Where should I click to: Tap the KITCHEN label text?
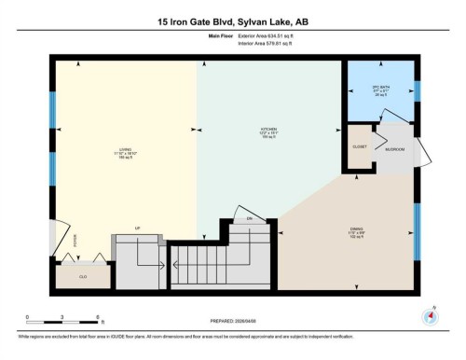click(269, 132)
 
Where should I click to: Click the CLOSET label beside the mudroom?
click(357, 147)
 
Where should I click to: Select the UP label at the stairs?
click(137, 228)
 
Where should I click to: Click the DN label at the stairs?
click(249, 218)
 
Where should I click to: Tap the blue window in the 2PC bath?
click(417, 91)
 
